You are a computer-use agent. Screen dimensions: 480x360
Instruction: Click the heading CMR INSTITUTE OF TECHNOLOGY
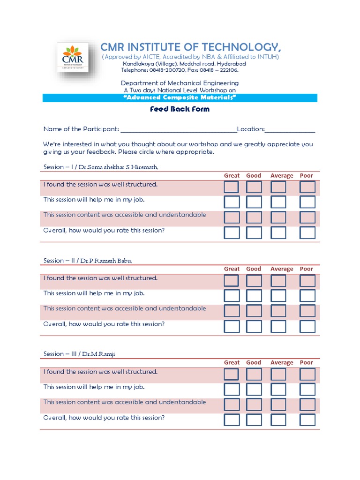191,47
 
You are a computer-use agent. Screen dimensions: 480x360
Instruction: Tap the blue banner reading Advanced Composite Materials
180,97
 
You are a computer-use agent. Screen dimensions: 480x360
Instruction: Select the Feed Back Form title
180,109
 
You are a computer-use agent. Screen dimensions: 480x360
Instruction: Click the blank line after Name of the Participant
179,130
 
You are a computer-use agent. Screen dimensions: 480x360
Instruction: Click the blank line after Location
290,130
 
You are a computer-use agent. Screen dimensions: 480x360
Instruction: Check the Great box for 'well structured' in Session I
232,187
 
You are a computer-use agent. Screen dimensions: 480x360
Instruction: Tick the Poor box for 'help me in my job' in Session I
307,202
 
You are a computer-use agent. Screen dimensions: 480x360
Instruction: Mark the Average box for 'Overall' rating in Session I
278,232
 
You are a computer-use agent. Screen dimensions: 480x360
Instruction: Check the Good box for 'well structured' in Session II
254,281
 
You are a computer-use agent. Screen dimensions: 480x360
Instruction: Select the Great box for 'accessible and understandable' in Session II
232,311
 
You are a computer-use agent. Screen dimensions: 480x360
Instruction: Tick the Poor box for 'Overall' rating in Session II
307,326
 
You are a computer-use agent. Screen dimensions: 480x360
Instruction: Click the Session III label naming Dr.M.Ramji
79,354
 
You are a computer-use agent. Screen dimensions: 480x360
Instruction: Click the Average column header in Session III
282,363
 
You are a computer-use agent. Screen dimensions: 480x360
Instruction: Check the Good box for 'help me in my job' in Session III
254,390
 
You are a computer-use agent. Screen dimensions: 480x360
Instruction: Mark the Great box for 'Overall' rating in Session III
232,420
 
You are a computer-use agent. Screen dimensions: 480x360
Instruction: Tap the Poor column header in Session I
307,176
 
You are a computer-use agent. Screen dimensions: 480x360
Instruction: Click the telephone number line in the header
180,70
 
